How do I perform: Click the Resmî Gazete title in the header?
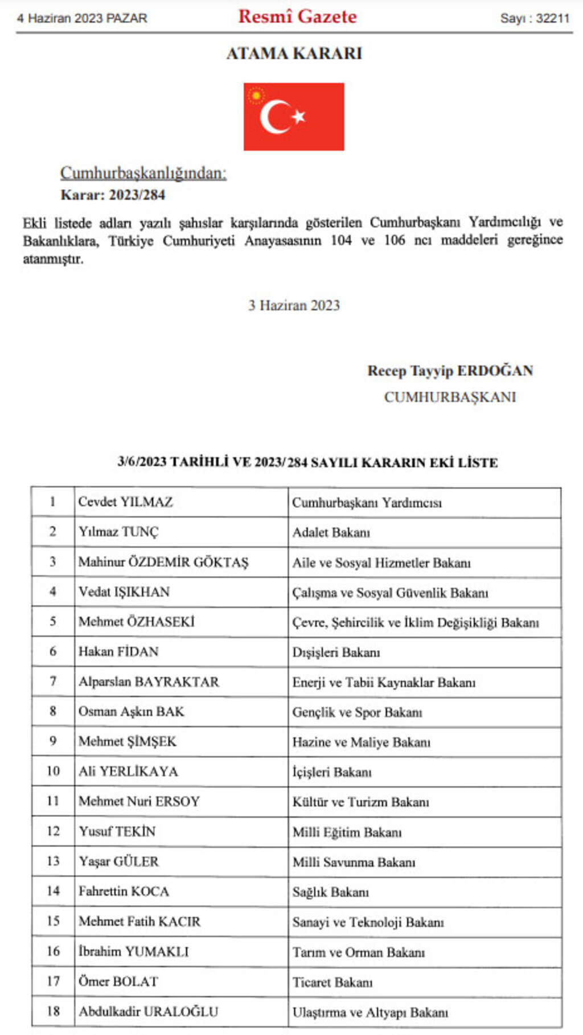coord(297,17)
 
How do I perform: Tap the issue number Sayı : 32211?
coord(535,18)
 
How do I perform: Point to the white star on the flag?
coord(298,116)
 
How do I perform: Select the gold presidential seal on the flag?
coord(256,96)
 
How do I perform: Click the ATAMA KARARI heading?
coord(294,54)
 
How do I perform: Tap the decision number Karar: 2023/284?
coord(113,195)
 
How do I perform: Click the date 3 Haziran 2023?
coord(294,305)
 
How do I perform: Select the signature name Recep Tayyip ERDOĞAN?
coord(450,371)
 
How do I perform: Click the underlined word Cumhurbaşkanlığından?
coord(143,173)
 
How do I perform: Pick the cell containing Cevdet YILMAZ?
coord(125,502)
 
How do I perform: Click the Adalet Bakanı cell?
coord(331,532)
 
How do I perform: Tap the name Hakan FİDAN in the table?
coord(118,651)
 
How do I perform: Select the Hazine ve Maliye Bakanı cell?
coord(361,742)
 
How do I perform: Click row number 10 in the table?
coord(53,771)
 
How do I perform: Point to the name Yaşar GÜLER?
coord(118,861)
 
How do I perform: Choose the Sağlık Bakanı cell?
coord(330,892)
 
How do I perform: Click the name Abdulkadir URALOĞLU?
coord(148,1011)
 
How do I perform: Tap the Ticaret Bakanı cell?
coord(332,982)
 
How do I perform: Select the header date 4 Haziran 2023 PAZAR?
coord(82,18)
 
